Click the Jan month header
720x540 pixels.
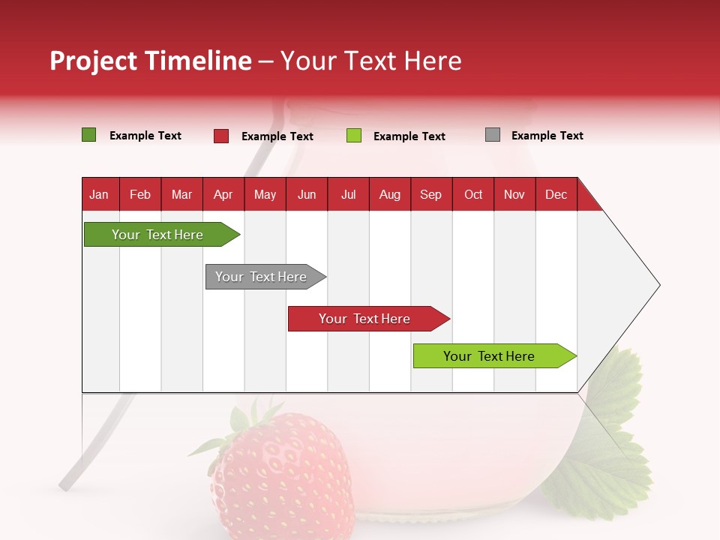click(x=99, y=194)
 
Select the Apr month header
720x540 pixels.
click(x=223, y=194)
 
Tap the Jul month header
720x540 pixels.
click(x=348, y=194)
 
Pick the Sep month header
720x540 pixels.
click(x=430, y=194)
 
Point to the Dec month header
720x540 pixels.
click(x=556, y=194)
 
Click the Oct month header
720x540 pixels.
click(x=473, y=194)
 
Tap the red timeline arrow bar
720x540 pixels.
click(x=365, y=319)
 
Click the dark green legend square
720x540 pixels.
click(x=89, y=135)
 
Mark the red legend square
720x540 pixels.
click(x=221, y=136)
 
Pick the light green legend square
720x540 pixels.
click(x=354, y=136)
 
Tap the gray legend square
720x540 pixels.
click(x=493, y=135)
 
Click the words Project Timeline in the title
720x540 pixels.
click(x=150, y=61)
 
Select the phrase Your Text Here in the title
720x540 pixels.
click(x=371, y=61)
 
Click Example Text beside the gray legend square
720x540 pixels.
click(x=547, y=136)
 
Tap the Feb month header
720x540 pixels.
click(x=140, y=194)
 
